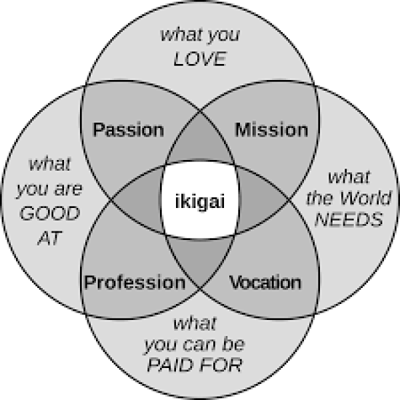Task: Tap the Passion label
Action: [129, 129]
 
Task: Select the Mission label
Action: [271, 129]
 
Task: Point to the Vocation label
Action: [265, 283]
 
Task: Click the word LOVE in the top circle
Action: [200, 59]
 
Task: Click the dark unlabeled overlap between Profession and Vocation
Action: [200, 257]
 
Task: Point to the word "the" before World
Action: [322, 199]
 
